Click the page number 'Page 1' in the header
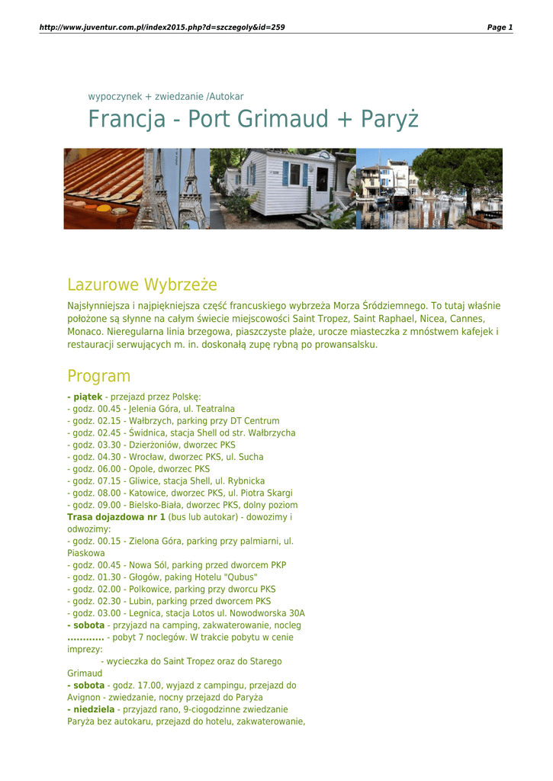pos(500,27)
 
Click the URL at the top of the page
pos(162,27)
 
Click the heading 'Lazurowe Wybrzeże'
pos(142,285)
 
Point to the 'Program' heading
pos(98,376)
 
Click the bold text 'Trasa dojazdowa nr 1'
pos(116,517)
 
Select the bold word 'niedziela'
pos(94,709)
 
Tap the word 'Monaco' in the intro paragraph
pos(85,333)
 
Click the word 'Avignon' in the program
pos(85,698)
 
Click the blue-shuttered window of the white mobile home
pos(294,174)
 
